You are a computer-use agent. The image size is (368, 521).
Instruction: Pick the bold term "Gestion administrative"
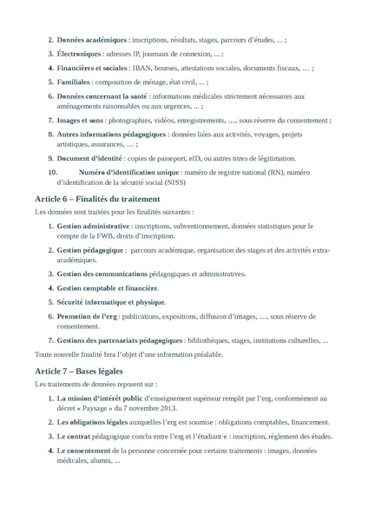[x=93, y=226]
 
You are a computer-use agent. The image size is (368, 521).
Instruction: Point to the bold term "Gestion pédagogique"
[x=89, y=250]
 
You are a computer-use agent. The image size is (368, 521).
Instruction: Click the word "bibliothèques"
[x=209, y=340]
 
